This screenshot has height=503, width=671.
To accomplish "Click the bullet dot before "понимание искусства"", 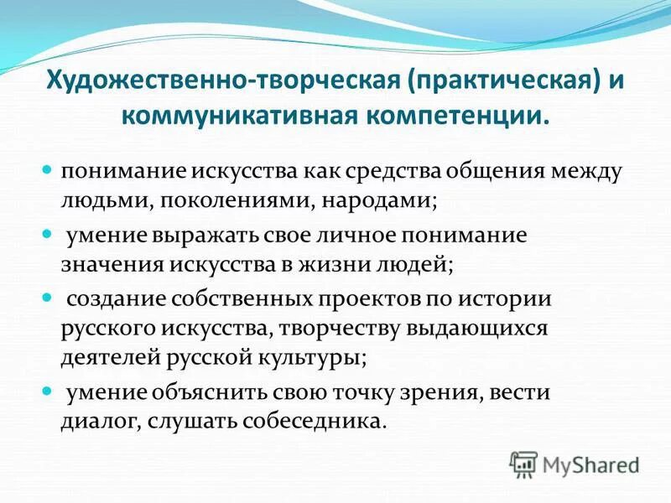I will coord(48,170).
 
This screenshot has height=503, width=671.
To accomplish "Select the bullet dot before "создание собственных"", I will coord(48,298).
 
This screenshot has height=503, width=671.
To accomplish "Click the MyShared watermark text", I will coord(590,464).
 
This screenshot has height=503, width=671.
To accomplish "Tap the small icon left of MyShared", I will coord(524,464).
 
